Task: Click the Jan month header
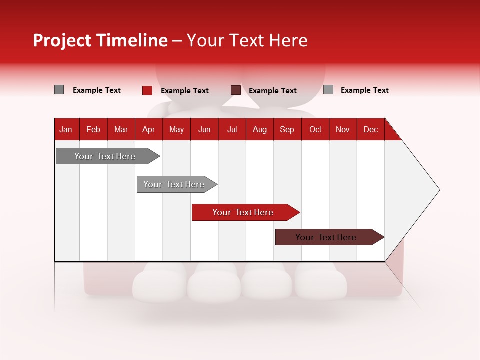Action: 66,129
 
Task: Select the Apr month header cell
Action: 149,129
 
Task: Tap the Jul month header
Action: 232,129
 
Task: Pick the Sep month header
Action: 287,129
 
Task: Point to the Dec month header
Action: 370,129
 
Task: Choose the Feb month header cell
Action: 93,129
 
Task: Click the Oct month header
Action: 315,129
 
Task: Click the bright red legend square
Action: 147,90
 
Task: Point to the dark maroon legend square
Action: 236,90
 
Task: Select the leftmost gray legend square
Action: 59,90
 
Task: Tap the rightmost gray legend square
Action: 328,90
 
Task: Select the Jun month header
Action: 204,129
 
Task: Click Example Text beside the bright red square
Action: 185,91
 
